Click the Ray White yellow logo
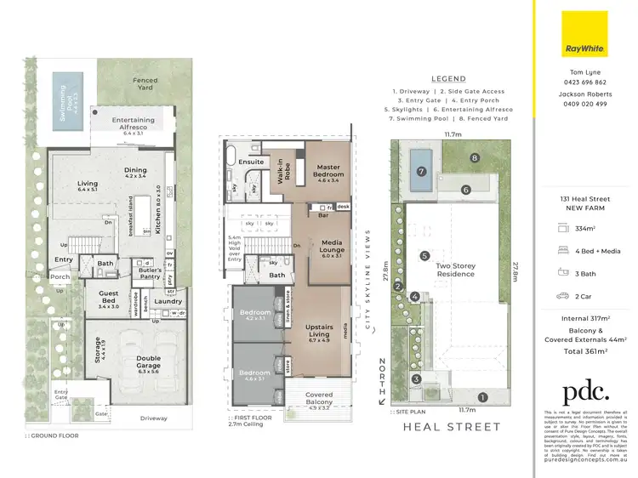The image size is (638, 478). (x=584, y=33)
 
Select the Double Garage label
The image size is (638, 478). (x=149, y=362)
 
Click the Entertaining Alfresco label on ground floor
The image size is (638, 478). (x=134, y=124)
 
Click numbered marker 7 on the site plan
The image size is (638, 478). (x=419, y=171)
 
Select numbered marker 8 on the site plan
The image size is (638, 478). (x=473, y=158)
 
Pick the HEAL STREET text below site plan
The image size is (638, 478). (x=451, y=427)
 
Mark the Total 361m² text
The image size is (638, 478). (x=584, y=350)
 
